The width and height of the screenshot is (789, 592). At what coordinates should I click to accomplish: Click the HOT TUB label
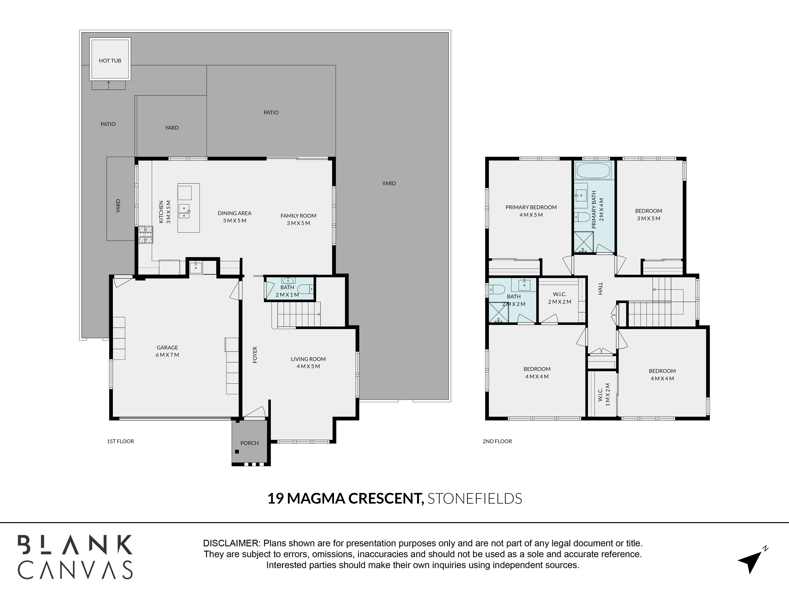(x=110, y=61)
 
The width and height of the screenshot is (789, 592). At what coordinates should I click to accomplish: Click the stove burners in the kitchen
(x=146, y=234)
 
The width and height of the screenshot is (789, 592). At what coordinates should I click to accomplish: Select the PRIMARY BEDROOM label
(x=531, y=207)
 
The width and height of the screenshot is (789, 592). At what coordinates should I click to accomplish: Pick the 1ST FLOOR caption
(x=121, y=441)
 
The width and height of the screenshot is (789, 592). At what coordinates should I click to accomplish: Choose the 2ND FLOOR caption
(x=497, y=441)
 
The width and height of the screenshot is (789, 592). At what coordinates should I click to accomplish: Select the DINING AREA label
(x=235, y=213)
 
